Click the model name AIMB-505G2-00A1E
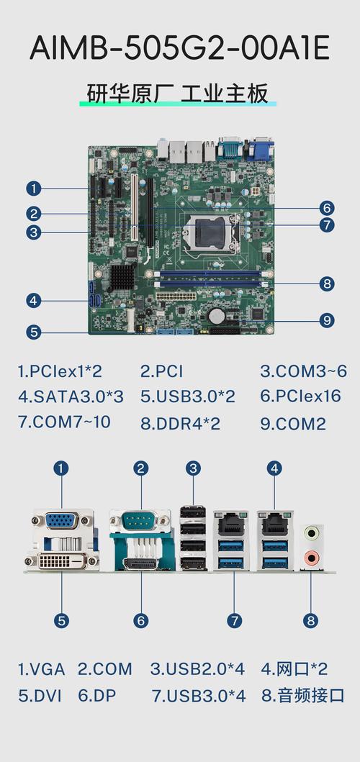pyautogui.click(x=179, y=48)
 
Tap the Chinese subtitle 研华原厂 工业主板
pyautogui.click(x=178, y=94)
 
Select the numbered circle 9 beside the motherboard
pyautogui.click(x=327, y=320)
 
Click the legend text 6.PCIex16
pyautogui.click(x=300, y=396)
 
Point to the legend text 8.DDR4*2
pyautogui.click(x=181, y=424)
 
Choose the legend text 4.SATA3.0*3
pyautogui.click(x=71, y=396)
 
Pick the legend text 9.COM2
pyautogui.click(x=293, y=424)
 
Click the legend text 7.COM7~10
pyautogui.click(x=64, y=422)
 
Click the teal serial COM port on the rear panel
pyautogui.click(x=140, y=522)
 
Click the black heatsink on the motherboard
pyautogui.click(x=122, y=276)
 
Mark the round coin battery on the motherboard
pyautogui.click(x=217, y=316)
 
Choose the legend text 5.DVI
pyautogui.click(x=40, y=695)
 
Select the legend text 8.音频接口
pyautogui.click(x=303, y=695)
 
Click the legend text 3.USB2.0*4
pyautogui.click(x=197, y=668)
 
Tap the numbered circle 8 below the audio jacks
pyautogui.click(x=311, y=620)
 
